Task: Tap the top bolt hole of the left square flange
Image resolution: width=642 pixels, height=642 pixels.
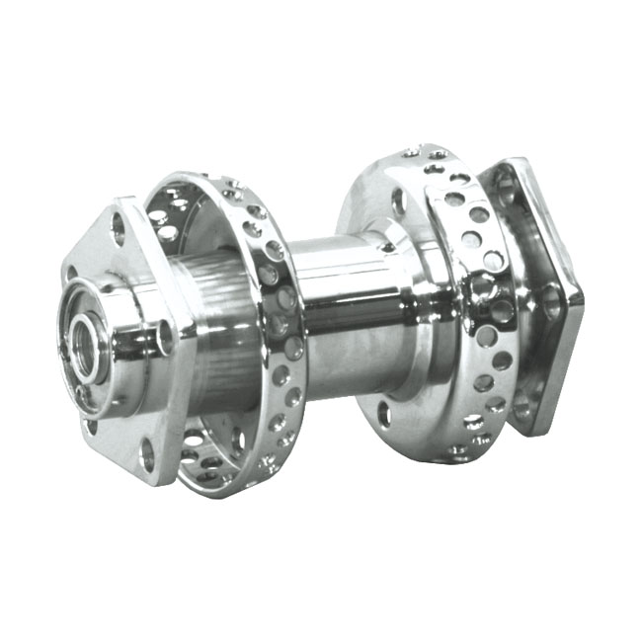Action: coord(120,228)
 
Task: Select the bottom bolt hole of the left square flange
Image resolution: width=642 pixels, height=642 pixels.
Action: coord(148,456)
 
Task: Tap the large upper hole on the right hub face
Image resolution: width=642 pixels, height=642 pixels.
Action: coord(399,201)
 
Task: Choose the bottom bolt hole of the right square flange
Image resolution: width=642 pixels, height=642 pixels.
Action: coord(524,405)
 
